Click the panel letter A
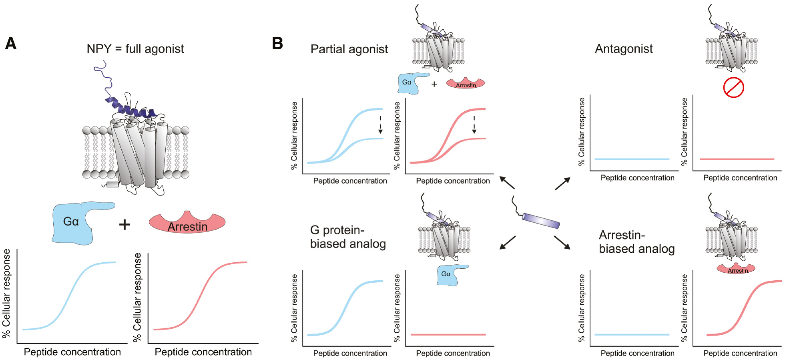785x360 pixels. pos(11,43)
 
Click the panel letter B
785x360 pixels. pos(277,43)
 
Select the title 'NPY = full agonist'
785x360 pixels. pos(135,49)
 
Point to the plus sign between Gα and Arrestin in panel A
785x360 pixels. pos(124,224)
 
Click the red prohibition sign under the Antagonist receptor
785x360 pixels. pos(733,87)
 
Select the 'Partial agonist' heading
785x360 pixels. pos(349,49)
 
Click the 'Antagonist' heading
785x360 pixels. pos(623,49)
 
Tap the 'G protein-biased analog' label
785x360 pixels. pos(347,237)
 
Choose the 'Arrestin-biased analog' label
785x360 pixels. pos(636,241)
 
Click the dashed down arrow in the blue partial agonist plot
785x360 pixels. pos(380,125)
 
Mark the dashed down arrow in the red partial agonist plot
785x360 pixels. pos(474,125)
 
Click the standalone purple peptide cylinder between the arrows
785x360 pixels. pos(540,220)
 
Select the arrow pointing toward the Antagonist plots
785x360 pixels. pos(562,183)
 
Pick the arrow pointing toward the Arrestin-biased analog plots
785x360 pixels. pos(562,243)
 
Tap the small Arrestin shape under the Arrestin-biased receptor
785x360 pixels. pos(736,269)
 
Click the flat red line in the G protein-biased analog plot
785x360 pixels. pos(448,334)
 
